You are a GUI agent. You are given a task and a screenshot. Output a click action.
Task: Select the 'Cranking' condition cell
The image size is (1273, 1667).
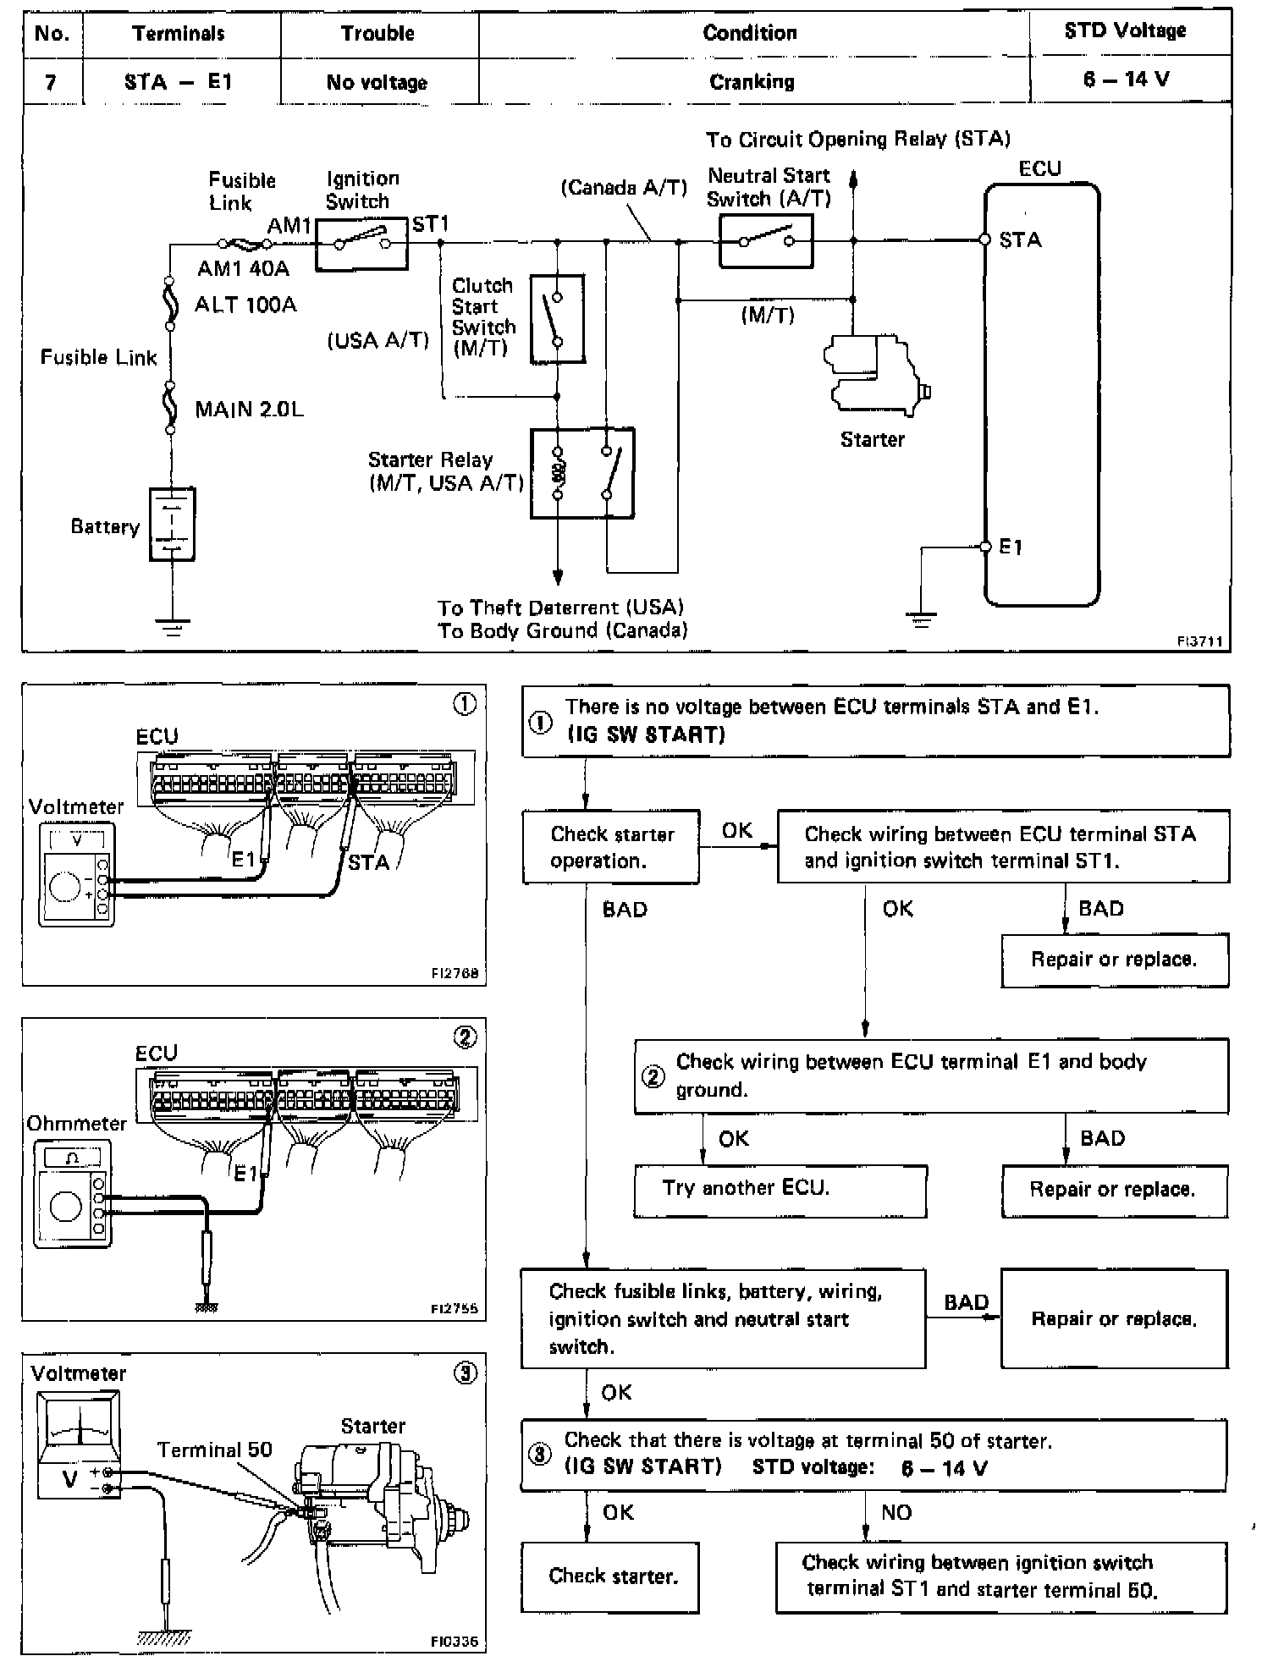click(752, 82)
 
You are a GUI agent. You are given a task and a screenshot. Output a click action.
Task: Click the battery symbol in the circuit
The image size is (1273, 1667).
click(172, 525)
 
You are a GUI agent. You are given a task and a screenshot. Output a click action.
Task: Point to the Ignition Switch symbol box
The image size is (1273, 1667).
click(361, 244)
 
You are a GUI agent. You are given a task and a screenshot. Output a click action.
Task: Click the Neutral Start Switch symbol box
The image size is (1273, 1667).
click(766, 241)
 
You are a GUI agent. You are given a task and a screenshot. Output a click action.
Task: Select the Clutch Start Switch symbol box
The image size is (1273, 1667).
click(557, 319)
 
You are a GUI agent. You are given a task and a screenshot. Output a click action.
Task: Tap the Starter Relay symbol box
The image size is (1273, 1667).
click(581, 473)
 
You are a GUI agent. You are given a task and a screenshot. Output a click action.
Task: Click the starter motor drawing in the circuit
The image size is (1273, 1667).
click(877, 375)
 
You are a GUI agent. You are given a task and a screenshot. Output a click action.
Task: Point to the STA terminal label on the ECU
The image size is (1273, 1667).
click(1020, 240)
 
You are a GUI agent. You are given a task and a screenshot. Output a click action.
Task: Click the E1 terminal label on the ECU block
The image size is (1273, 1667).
click(1011, 547)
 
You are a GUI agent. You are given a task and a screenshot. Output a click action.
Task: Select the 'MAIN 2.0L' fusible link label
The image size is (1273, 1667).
click(249, 410)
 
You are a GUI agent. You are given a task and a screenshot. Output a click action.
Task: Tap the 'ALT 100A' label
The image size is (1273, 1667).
click(245, 305)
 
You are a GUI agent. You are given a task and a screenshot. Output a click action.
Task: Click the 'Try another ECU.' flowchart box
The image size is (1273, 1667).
click(780, 1191)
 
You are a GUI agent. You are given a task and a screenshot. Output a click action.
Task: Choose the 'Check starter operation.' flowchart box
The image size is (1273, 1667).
click(610, 847)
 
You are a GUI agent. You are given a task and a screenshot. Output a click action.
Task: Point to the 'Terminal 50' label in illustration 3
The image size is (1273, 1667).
click(215, 1450)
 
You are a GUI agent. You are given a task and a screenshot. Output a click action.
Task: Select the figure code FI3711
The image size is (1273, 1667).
click(1199, 641)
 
